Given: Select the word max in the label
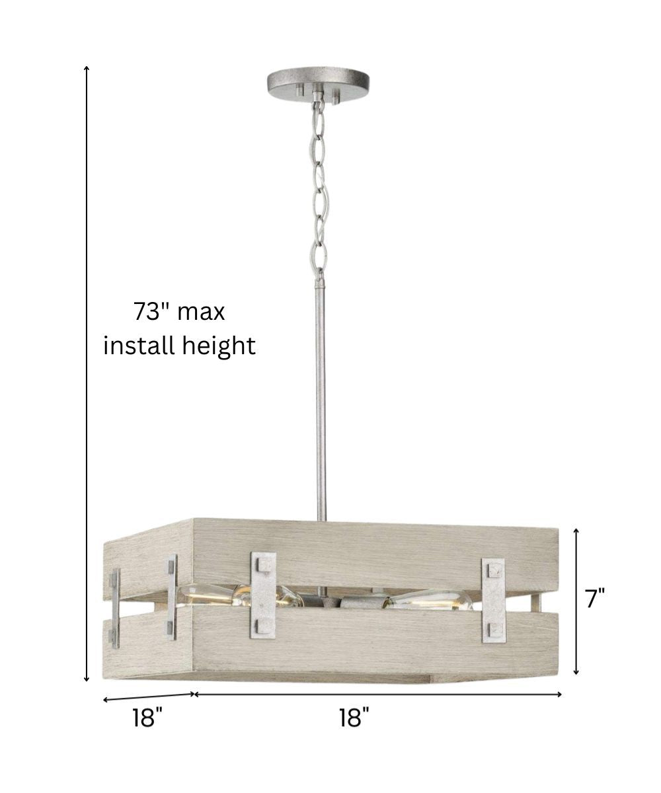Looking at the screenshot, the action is (202, 314).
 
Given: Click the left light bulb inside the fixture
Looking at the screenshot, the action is (239, 603).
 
